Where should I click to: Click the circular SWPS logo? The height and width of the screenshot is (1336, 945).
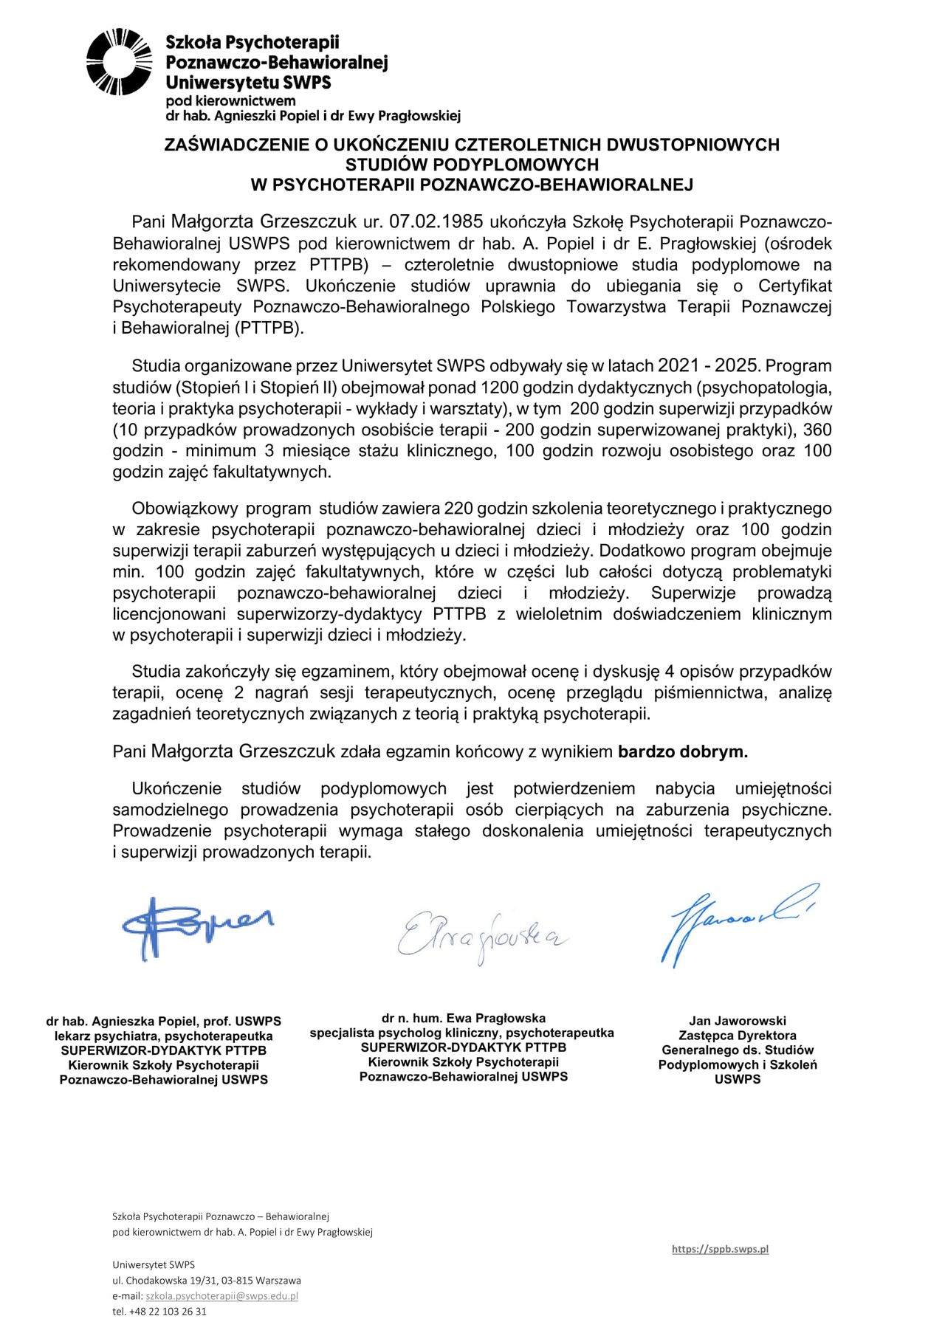pos(119,62)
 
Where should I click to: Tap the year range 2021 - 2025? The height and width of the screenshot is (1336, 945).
pos(708,365)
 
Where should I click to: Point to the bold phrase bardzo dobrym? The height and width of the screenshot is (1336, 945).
pos(683,752)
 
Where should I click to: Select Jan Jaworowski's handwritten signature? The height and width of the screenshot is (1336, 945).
pos(738,923)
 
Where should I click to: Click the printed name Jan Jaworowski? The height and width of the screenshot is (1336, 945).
pos(738,1021)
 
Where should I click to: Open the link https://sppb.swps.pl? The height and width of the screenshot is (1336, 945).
pos(720,1249)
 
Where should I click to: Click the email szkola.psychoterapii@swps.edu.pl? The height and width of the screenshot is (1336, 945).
pos(221,1295)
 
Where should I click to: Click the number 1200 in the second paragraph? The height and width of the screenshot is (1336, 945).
pos(500,387)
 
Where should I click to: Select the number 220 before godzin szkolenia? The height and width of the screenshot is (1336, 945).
pos(458,509)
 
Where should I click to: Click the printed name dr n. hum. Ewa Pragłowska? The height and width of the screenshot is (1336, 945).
pos(464,1018)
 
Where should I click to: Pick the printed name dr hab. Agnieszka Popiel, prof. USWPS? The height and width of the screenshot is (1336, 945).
pos(163,1021)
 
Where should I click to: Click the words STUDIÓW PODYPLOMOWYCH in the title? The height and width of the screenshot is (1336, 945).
pos(472,165)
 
